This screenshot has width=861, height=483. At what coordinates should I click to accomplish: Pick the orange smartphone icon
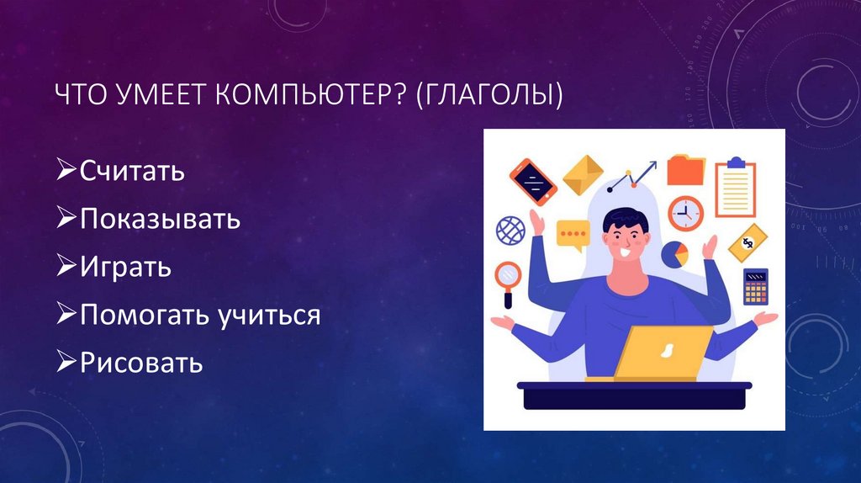pyautogui.click(x=533, y=180)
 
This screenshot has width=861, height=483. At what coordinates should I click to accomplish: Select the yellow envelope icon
pyautogui.click(x=583, y=173)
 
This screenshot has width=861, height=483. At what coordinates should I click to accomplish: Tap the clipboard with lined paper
pyautogui.click(x=735, y=188)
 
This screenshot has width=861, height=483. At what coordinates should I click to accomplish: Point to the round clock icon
pyautogui.click(x=685, y=213)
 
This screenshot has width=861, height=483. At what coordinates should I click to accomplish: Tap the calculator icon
pyautogui.click(x=755, y=286)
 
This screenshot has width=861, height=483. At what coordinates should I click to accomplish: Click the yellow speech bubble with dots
pyautogui.click(x=573, y=233)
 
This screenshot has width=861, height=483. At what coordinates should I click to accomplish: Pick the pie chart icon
pyautogui.click(x=675, y=252)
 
